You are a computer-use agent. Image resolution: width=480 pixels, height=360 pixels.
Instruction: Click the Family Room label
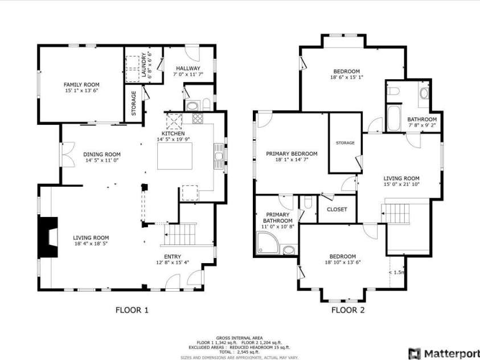click(x=81, y=84)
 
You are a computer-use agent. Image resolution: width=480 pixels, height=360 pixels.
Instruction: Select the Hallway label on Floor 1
click(x=188, y=68)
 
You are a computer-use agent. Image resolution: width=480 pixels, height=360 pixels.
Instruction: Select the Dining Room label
click(x=102, y=154)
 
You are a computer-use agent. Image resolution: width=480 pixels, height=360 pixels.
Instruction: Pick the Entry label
click(x=173, y=256)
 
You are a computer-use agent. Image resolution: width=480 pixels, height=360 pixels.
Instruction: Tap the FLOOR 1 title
click(x=132, y=310)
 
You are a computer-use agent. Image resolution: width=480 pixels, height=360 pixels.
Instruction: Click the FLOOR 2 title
click(x=348, y=310)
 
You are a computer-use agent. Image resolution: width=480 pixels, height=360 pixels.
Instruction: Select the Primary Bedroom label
click(x=292, y=154)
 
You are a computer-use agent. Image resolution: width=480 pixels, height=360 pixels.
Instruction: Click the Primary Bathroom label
click(x=277, y=218)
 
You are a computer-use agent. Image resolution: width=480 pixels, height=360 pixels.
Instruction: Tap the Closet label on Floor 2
click(x=337, y=210)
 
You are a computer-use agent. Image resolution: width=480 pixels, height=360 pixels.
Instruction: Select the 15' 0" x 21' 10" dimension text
click(x=401, y=184)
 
